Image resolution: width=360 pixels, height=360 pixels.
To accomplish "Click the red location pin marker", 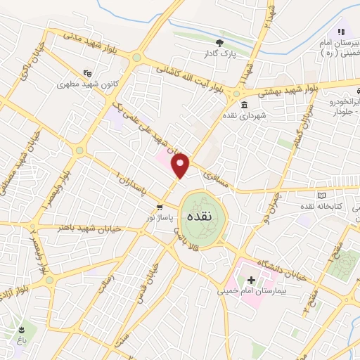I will coord(181,166).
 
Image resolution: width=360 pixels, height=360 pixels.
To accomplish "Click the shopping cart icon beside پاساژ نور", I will coord(160,207).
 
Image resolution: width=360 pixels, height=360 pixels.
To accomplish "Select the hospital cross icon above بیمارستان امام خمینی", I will coord(250,280).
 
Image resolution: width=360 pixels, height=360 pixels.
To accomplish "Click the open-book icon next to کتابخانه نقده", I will coord(321,195).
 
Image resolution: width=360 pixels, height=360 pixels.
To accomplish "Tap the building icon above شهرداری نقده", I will coord(244,105).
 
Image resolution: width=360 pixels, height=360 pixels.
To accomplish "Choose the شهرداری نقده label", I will coord(242,116).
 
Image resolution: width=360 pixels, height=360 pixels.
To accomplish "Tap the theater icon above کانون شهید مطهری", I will coord(87,72).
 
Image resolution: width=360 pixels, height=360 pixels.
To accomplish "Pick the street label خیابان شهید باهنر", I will coord(88,228).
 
